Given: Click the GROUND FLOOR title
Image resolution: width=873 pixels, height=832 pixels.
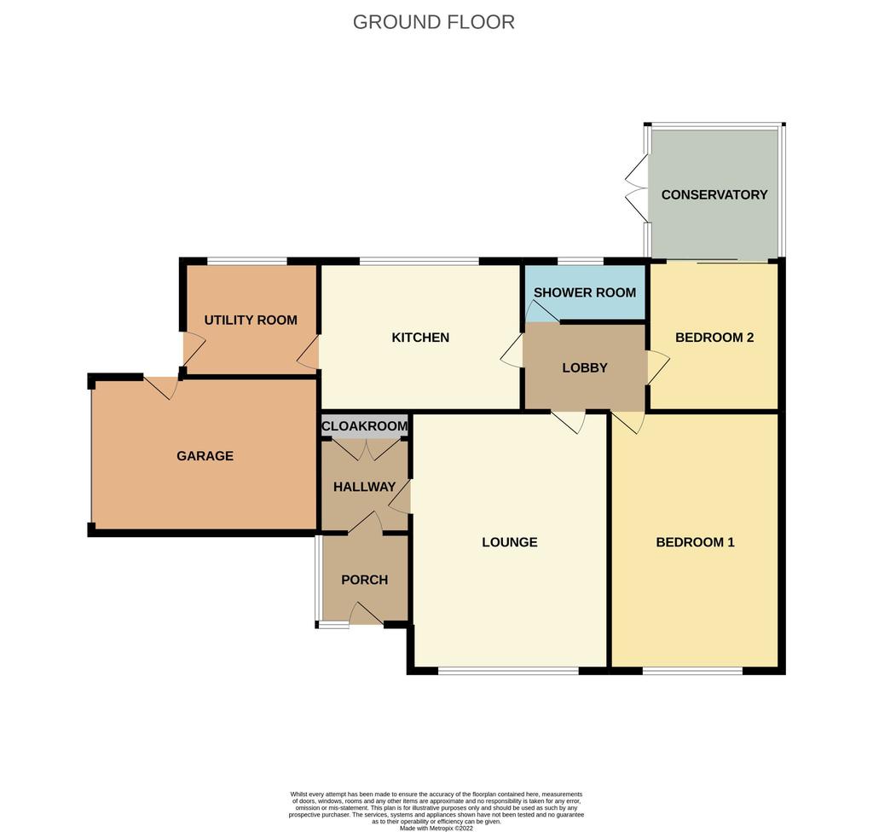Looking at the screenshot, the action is (433, 22).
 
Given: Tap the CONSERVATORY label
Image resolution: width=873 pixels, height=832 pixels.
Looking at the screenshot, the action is (714, 195).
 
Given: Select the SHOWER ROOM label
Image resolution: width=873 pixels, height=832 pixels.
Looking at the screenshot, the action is (585, 292).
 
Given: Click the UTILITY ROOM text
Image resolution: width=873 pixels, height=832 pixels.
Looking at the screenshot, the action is (251, 321).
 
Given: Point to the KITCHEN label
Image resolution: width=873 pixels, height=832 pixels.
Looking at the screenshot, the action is (420, 338).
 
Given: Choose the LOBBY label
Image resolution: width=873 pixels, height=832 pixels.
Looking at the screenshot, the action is (585, 367).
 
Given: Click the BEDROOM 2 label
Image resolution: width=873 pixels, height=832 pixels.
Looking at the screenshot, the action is (714, 338).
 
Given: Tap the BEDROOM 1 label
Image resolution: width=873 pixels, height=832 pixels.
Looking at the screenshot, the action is (695, 542).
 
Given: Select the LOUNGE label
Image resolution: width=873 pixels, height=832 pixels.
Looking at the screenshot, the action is (510, 542).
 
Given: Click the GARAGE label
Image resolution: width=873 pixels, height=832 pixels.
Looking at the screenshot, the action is (205, 456).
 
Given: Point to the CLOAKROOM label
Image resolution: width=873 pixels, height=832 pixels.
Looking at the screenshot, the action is (365, 426).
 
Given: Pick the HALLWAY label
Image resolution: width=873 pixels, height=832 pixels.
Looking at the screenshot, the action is (364, 487).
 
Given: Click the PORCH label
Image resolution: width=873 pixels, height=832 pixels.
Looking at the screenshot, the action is (364, 580).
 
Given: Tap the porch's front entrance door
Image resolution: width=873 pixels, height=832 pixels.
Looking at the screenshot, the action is (366, 615).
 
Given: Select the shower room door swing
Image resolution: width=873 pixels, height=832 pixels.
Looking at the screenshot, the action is (541, 311).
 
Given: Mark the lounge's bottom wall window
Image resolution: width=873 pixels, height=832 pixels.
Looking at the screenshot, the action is (508, 671).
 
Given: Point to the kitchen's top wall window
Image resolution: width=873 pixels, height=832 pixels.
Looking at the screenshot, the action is (419, 261).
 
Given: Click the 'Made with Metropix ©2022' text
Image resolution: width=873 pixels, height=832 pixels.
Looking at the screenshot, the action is (436, 828).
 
